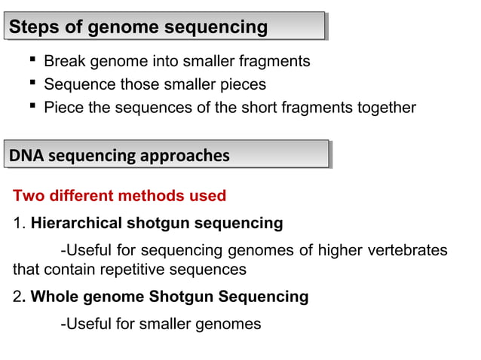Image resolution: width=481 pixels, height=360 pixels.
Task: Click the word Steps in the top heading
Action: (29, 28)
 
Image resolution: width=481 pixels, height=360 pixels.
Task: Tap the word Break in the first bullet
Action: (64, 61)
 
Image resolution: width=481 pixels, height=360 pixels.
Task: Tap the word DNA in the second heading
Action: (24, 156)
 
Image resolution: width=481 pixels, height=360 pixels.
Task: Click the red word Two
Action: (28, 197)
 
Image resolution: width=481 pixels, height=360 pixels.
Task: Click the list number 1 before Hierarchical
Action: (17, 224)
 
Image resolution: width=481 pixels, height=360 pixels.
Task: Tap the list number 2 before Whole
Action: (17, 297)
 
